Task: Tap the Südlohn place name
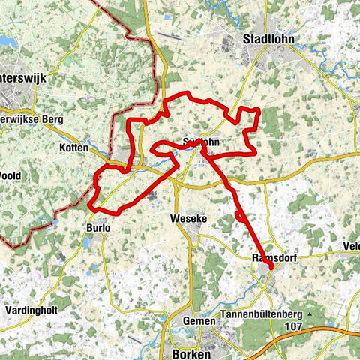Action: (200, 141)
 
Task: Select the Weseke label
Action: (189, 218)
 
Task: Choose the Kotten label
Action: (73, 148)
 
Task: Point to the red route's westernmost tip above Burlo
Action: (88, 206)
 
